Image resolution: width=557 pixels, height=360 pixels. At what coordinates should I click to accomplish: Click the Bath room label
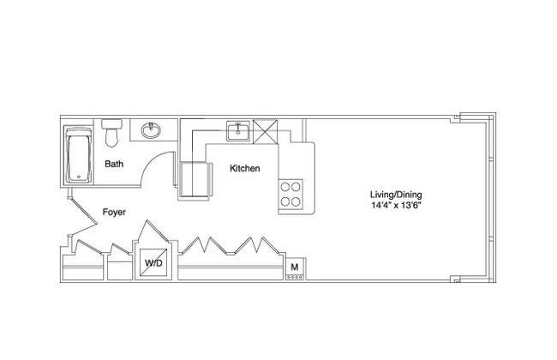(114, 165)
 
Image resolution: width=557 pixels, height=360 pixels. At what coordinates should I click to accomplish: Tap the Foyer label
(114, 213)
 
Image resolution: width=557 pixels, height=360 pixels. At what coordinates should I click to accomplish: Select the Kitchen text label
(245, 169)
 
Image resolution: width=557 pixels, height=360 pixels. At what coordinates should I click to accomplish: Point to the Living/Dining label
(396, 195)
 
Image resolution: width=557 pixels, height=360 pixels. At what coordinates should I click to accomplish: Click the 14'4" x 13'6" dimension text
(396, 205)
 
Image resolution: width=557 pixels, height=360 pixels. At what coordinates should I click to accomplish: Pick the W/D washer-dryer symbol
(153, 262)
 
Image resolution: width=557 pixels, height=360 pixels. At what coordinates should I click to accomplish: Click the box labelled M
(295, 268)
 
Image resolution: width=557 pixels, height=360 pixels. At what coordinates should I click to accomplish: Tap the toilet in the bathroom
(111, 133)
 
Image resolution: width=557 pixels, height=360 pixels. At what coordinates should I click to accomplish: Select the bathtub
(79, 154)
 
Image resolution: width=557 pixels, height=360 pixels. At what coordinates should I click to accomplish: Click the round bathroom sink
(151, 130)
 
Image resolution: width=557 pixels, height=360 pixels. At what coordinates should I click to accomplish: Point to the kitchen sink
(238, 131)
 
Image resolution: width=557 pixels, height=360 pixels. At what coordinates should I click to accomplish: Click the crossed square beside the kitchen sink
(265, 131)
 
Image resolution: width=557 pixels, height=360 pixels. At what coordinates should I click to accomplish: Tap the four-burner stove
(291, 194)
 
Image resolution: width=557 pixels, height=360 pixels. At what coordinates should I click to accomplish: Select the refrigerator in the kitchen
(195, 179)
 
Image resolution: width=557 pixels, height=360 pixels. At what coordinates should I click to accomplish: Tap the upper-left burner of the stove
(285, 187)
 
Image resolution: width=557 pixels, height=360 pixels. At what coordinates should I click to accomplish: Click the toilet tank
(111, 123)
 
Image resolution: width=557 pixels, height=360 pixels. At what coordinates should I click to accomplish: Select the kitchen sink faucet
(238, 125)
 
